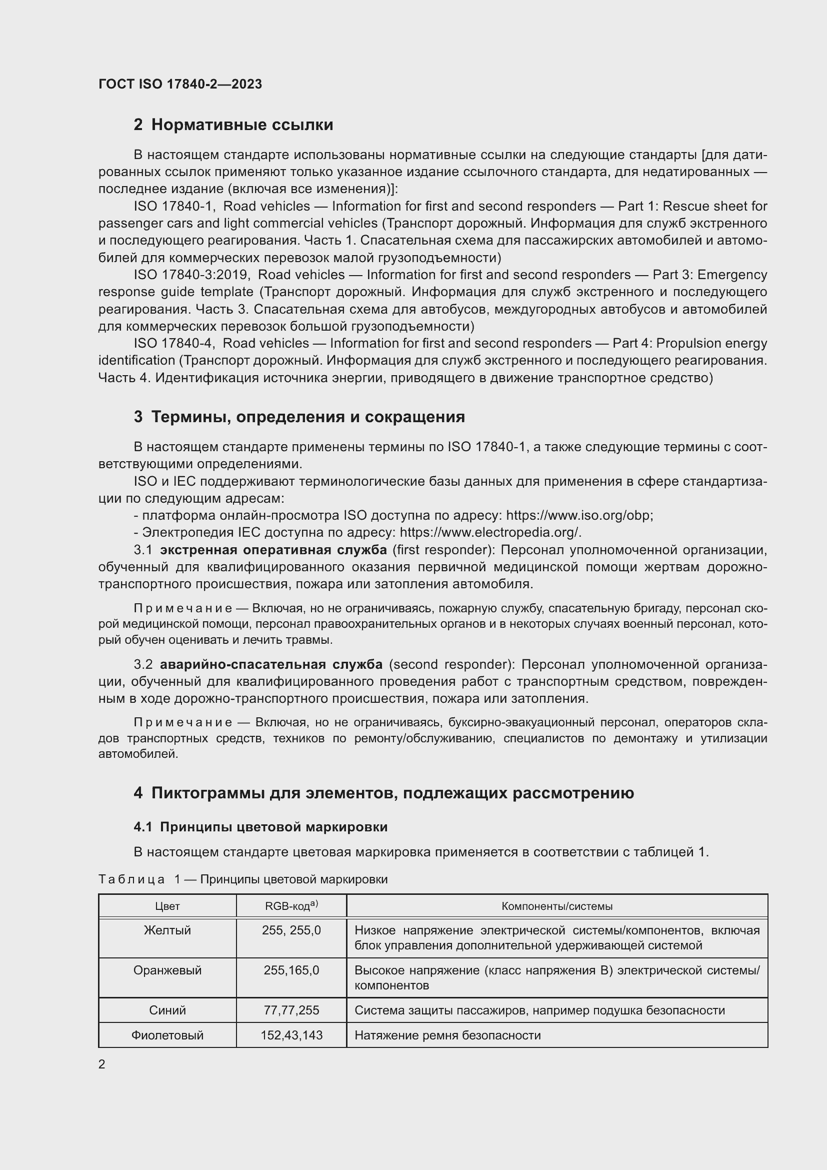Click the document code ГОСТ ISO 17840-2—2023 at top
(x=180, y=84)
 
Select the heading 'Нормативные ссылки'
(x=242, y=125)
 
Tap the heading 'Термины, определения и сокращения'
(x=308, y=417)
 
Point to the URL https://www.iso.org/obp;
(x=579, y=515)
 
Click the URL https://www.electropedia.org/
(x=490, y=533)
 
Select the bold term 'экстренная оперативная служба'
(x=273, y=550)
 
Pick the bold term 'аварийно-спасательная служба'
(x=271, y=664)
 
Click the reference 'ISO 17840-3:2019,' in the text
(x=191, y=275)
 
